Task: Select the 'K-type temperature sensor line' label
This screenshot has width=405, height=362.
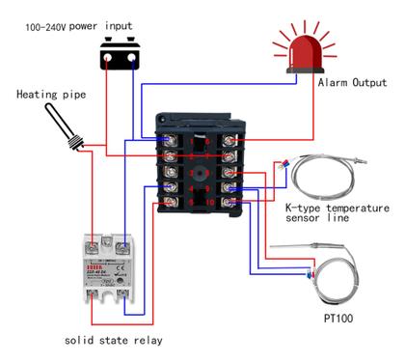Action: click(x=337, y=213)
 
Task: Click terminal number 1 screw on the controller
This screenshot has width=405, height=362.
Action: click(x=172, y=142)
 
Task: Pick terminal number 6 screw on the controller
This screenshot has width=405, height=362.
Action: click(x=232, y=142)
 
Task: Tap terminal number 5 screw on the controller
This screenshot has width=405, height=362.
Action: click(x=172, y=203)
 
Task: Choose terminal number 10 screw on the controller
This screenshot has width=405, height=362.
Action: click(x=232, y=203)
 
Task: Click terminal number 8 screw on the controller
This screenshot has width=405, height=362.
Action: click(x=232, y=173)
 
